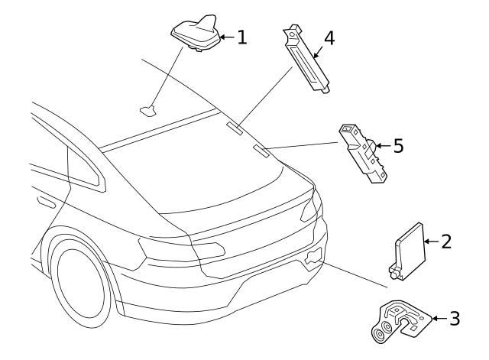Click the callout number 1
(241, 37)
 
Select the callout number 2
(447, 242)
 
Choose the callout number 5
(397, 145)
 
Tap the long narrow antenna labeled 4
(309, 61)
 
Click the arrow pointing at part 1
(226, 37)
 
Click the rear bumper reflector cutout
(312, 258)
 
